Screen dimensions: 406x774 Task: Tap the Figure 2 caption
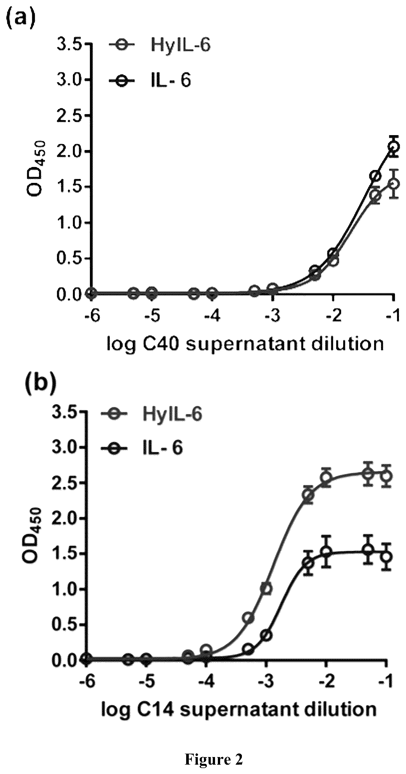[214, 759]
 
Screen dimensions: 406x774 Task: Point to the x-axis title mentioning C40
[245, 343]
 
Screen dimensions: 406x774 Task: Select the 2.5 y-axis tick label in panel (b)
[64, 483]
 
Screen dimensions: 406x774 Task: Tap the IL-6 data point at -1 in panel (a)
[393, 146]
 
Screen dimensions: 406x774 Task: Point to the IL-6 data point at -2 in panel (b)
[326, 552]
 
